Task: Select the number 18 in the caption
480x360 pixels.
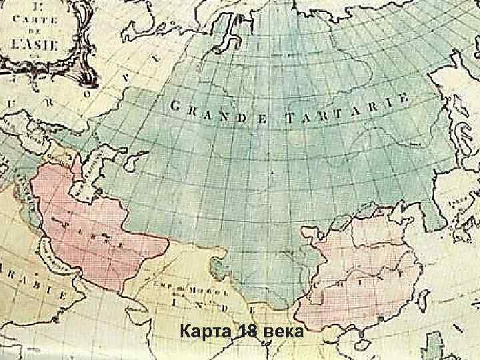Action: pyautogui.click(x=245, y=332)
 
